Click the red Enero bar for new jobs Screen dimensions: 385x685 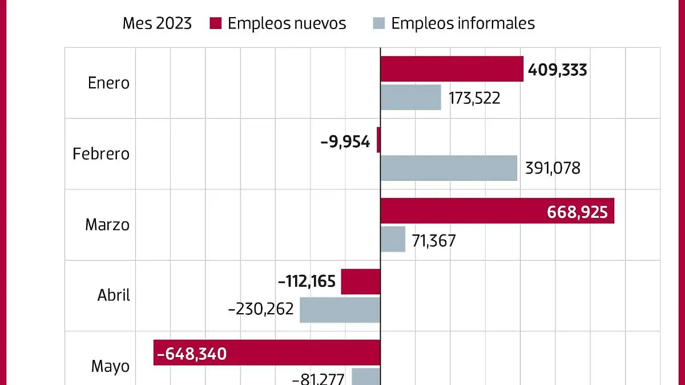click(x=452, y=69)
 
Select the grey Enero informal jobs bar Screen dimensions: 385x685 click(x=410, y=97)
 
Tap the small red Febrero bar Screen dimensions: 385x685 click(x=378, y=140)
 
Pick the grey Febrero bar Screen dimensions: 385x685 click(x=449, y=168)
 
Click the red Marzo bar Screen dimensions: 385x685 click(x=497, y=211)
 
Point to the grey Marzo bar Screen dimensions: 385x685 click(x=393, y=239)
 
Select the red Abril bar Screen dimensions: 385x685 click(x=360, y=282)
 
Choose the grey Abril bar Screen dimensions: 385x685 click(x=340, y=310)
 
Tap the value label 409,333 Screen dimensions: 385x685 click(x=557, y=70)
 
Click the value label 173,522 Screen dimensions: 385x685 click(x=474, y=98)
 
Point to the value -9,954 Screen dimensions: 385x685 click(x=345, y=141)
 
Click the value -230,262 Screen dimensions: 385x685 click(x=260, y=310)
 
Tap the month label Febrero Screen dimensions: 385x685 click(x=101, y=154)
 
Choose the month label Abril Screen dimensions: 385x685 click(x=114, y=295)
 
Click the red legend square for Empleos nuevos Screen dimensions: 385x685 click(x=215, y=23)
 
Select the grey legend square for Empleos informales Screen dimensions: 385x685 click(x=379, y=23)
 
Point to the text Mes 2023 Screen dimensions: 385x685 click(x=157, y=23)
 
